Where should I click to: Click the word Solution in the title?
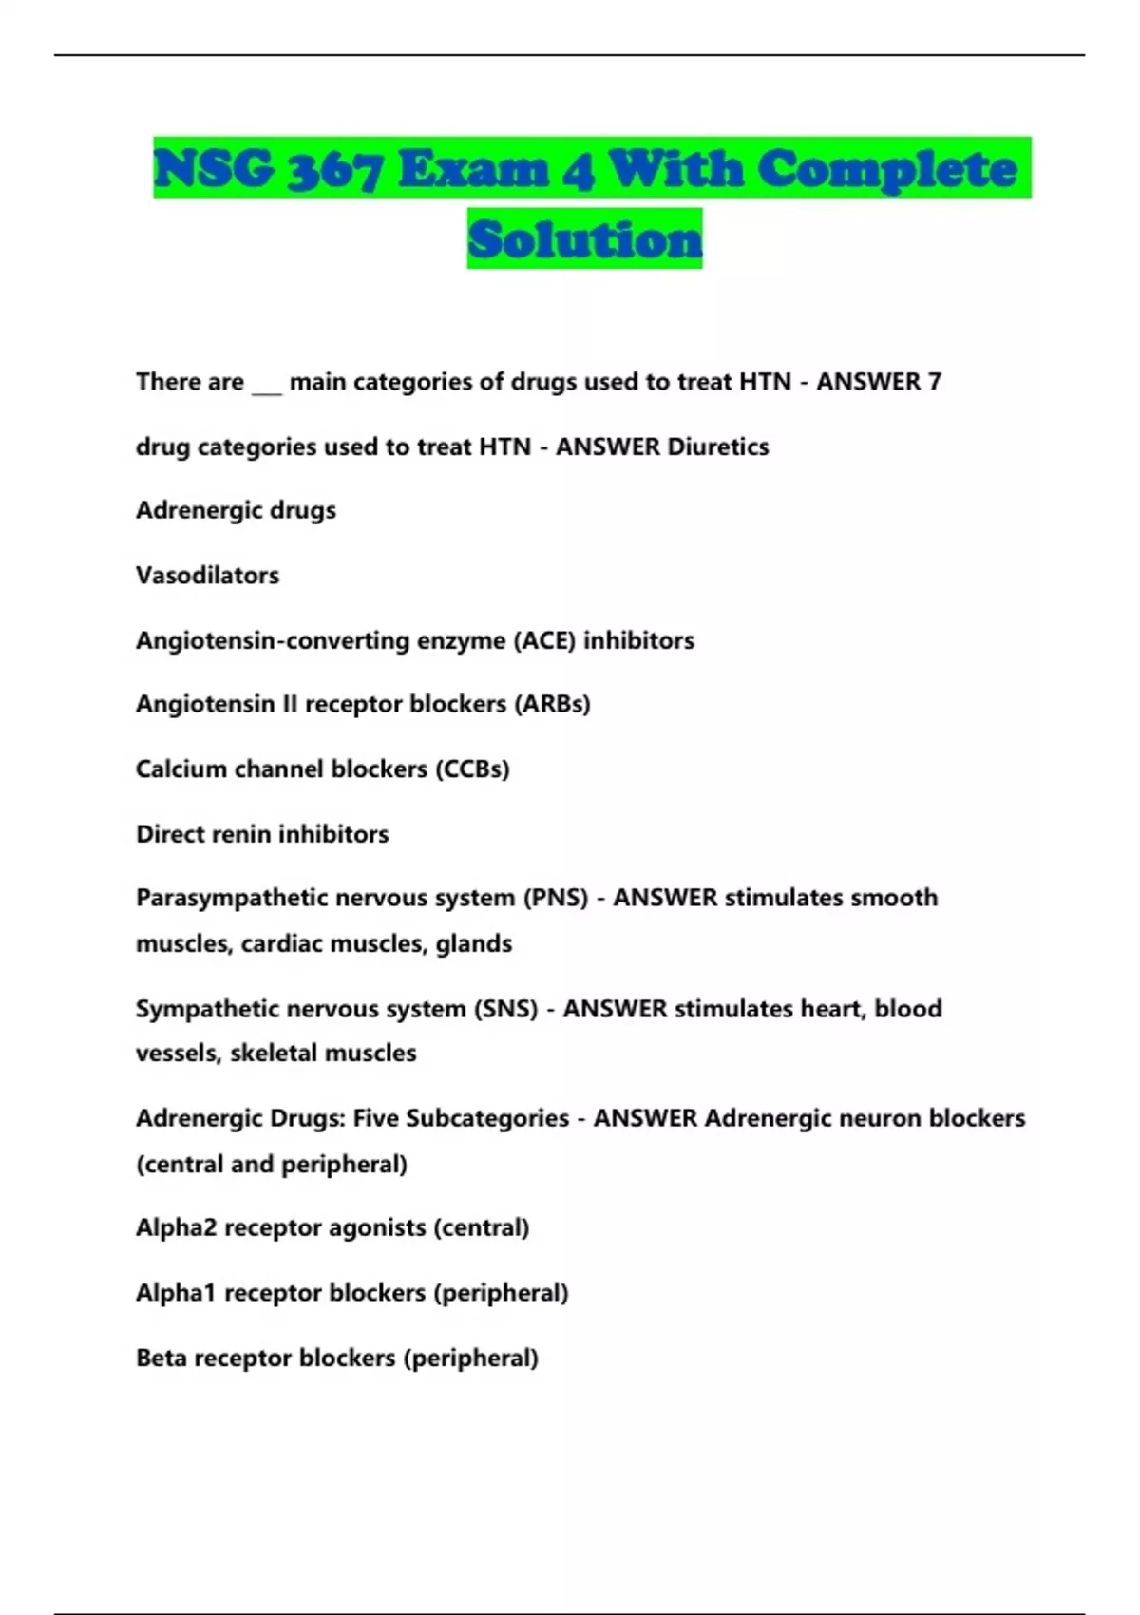click(x=584, y=238)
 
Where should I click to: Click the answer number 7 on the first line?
click(x=935, y=382)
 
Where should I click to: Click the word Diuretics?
click(x=718, y=446)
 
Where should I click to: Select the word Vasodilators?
click(x=207, y=576)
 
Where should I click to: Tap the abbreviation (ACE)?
click(x=544, y=640)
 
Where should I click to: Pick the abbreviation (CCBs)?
click(x=472, y=769)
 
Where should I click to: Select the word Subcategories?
click(x=487, y=1118)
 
